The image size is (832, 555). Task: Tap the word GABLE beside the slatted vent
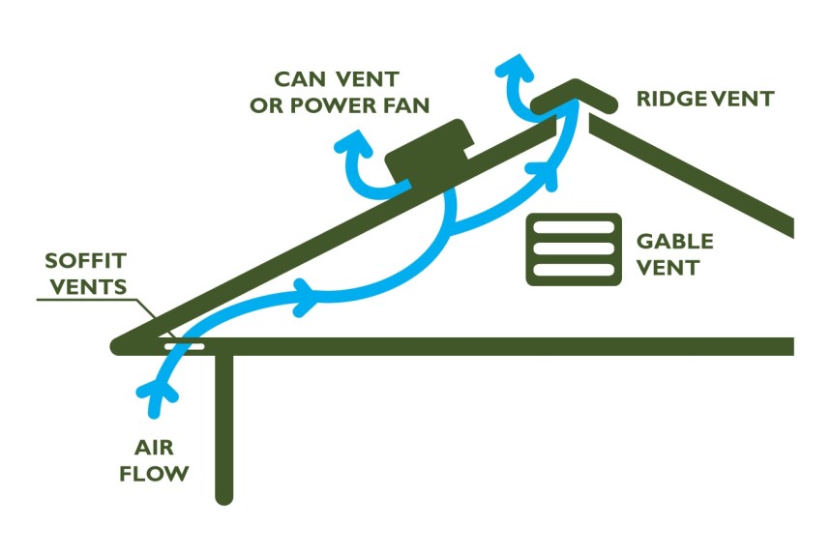pos(674,241)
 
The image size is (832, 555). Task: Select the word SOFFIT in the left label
pos(85,262)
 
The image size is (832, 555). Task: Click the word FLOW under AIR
pos(161,474)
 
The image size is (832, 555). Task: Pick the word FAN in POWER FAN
pos(405,103)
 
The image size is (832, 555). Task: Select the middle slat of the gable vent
pos(573,248)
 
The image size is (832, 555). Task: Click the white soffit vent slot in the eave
pos(184,346)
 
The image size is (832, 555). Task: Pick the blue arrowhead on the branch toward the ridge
pos(548,170)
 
